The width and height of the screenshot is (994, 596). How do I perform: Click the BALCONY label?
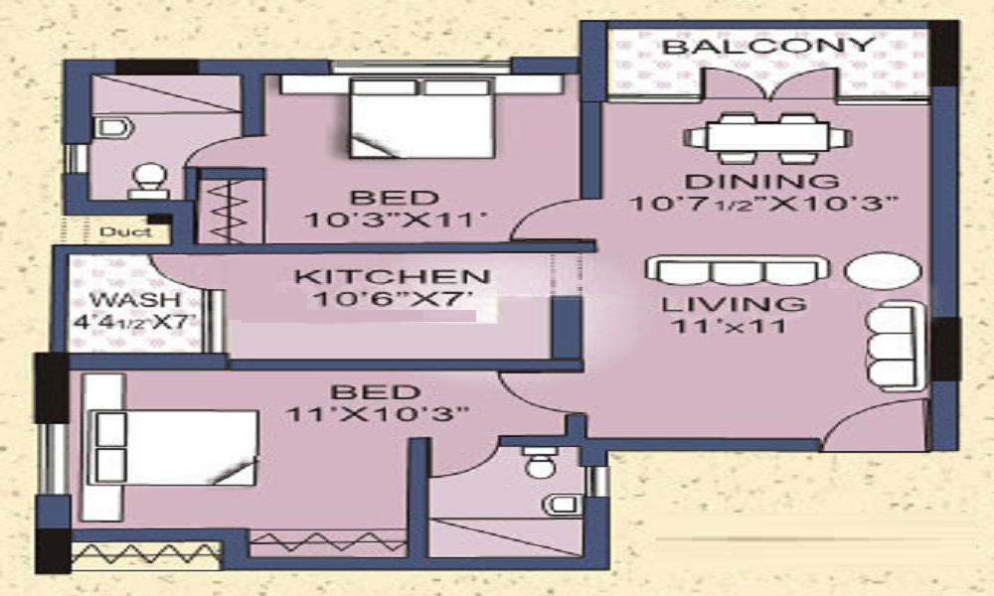tap(768, 47)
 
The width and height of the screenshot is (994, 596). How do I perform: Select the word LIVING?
tap(735, 304)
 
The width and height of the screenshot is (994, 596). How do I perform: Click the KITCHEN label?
tap(392, 277)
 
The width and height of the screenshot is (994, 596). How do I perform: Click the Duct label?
tap(125, 231)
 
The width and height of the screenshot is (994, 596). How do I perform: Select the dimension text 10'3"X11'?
tap(394, 222)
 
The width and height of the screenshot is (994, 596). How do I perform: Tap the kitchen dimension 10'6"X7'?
tap(392, 302)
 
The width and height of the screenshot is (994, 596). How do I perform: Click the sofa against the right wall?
tap(891, 345)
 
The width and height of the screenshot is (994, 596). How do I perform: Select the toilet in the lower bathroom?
tap(540, 464)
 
